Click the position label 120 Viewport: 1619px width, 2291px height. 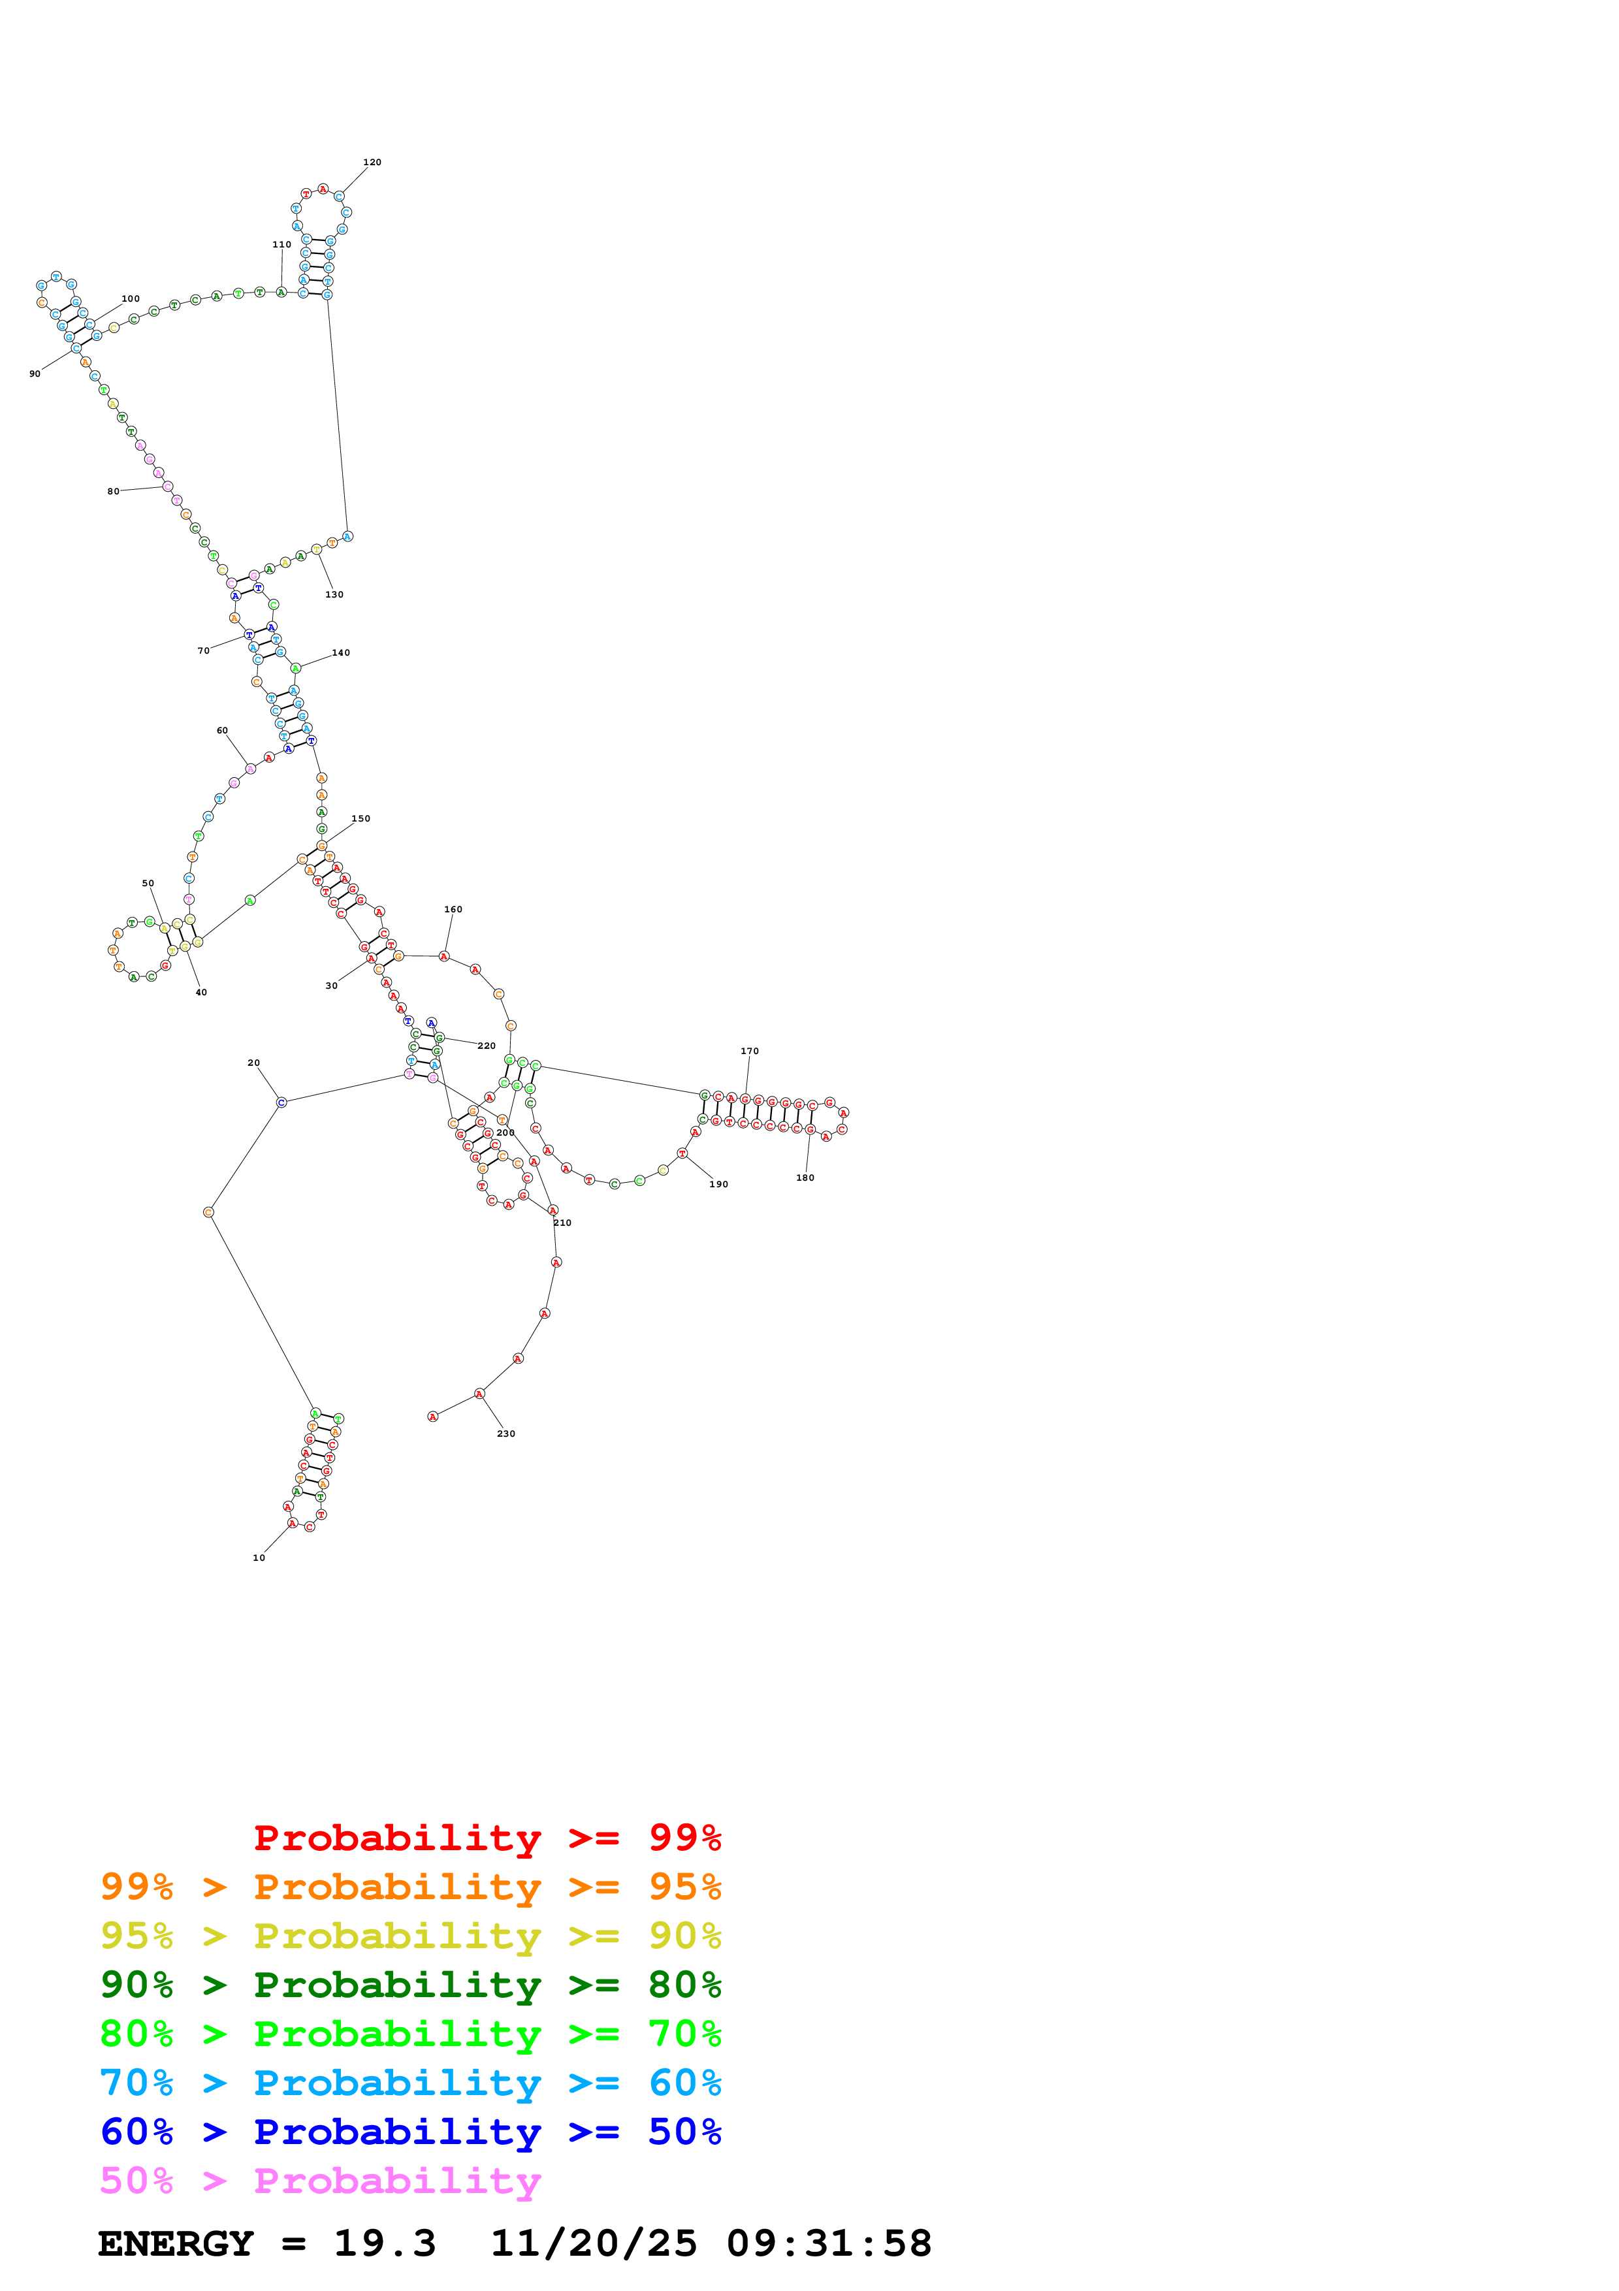click(x=372, y=162)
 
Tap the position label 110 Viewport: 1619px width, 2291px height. click(x=282, y=244)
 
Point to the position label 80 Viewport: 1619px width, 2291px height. click(x=113, y=492)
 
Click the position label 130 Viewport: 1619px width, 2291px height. click(x=334, y=595)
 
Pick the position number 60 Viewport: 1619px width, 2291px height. click(x=223, y=730)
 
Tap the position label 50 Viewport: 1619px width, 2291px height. click(x=148, y=883)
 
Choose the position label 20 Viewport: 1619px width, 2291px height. click(x=253, y=1063)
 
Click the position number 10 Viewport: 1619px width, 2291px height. click(x=259, y=1558)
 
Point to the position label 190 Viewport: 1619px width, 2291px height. click(x=719, y=1185)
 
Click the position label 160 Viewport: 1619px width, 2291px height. click(x=453, y=909)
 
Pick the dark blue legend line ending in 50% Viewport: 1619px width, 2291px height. click(x=411, y=2132)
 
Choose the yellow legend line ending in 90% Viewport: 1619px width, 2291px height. click(x=411, y=1936)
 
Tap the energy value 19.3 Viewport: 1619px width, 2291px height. click(x=385, y=2243)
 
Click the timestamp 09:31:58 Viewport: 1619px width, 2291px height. click(x=828, y=2243)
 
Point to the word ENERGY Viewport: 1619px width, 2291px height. click(x=176, y=2243)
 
